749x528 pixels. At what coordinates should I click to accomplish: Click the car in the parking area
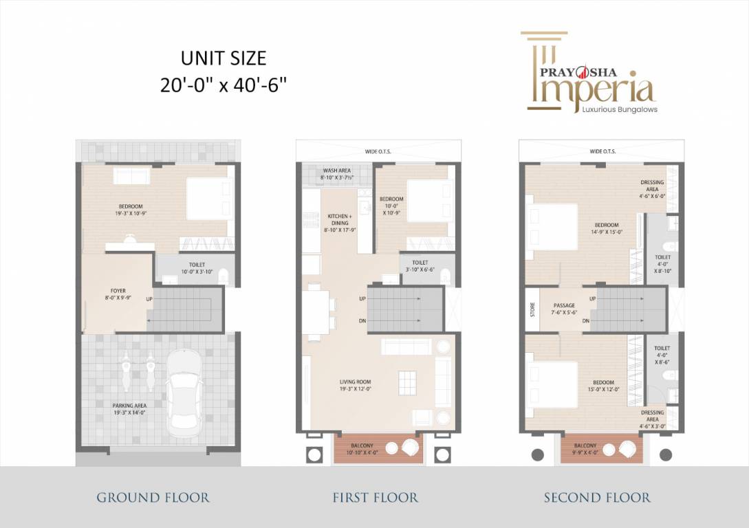[184, 390]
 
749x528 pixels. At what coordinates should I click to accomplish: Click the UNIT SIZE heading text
[223, 58]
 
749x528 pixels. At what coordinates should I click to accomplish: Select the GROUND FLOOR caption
[153, 497]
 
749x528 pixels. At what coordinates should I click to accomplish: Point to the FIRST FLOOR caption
[375, 497]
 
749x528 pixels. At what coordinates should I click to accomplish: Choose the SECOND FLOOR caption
[597, 497]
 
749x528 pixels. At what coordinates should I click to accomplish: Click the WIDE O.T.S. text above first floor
[375, 151]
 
